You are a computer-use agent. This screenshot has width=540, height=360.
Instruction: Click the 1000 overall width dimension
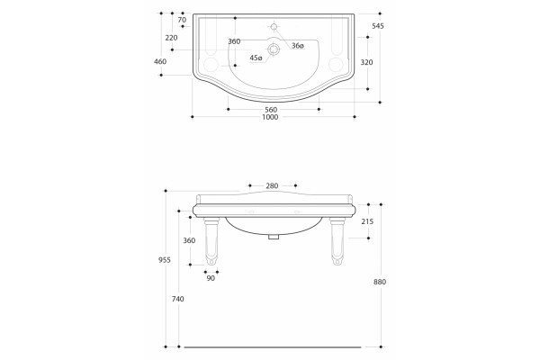tap(270, 117)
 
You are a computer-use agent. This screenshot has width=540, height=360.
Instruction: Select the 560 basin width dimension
tap(271, 110)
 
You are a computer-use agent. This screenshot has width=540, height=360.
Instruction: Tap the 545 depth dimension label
tap(378, 26)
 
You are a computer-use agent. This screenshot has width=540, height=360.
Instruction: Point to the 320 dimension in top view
tap(366, 62)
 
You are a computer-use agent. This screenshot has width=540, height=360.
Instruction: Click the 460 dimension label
tap(160, 62)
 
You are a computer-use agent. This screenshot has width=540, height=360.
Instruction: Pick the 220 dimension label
tap(171, 38)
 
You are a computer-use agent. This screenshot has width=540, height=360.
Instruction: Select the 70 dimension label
tap(182, 20)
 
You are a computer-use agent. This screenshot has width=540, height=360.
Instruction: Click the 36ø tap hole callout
tap(298, 46)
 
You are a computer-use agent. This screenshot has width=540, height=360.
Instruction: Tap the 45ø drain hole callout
tap(256, 58)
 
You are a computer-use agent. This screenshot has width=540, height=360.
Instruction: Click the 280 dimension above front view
tap(272, 186)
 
